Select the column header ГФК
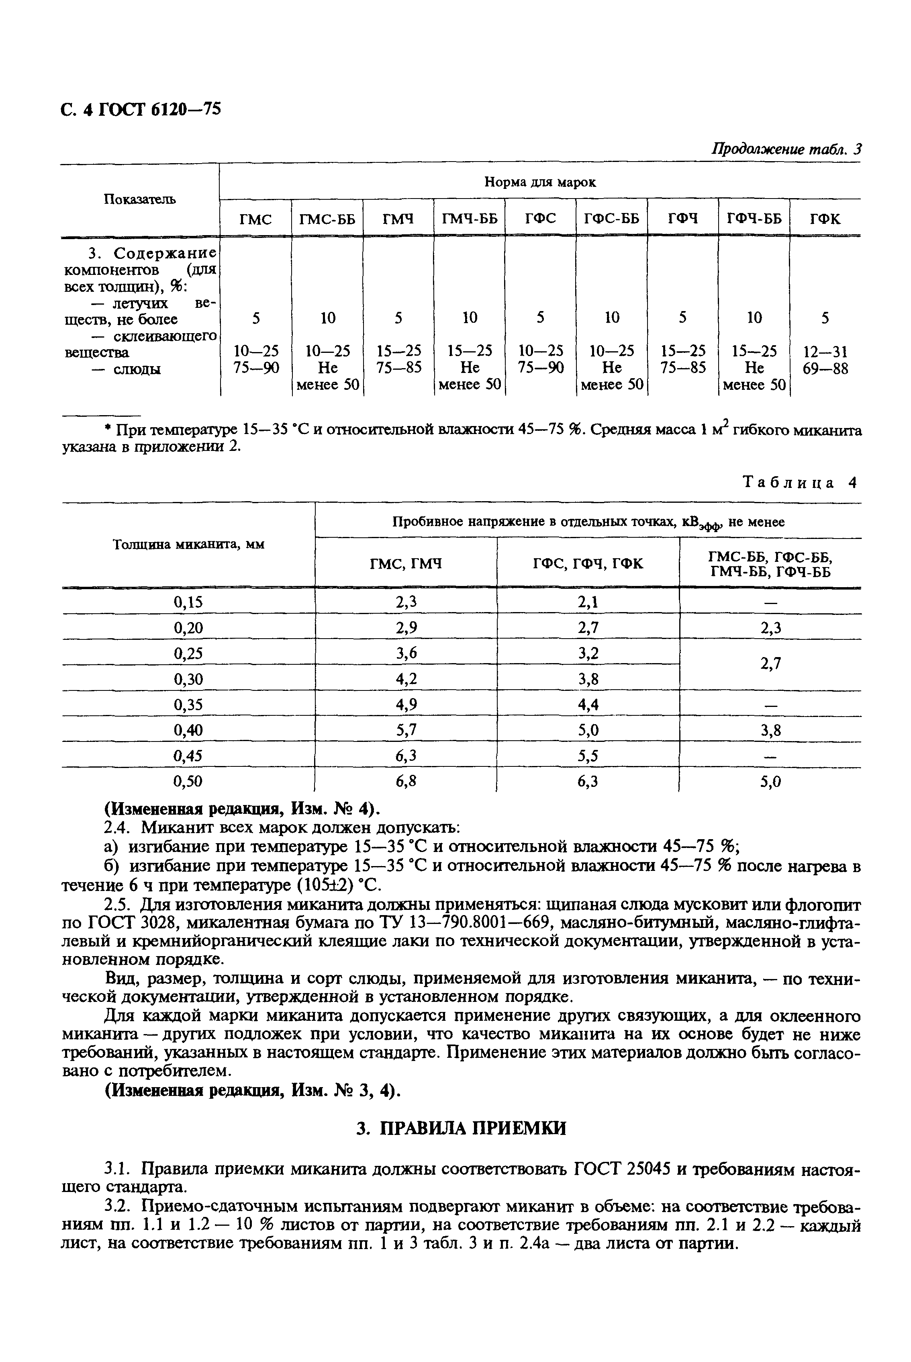click(x=825, y=219)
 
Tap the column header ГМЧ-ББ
click(x=470, y=219)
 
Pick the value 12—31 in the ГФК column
click(x=825, y=352)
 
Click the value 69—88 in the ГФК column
click(x=825, y=369)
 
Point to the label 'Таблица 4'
click(x=801, y=483)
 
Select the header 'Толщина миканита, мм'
click(x=188, y=545)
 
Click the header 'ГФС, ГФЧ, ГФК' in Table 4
click(x=588, y=563)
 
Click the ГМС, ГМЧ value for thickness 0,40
click(x=406, y=730)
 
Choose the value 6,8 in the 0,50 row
click(x=406, y=782)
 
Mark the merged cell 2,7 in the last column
click(x=770, y=663)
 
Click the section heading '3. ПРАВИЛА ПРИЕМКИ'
click(x=461, y=1129)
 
